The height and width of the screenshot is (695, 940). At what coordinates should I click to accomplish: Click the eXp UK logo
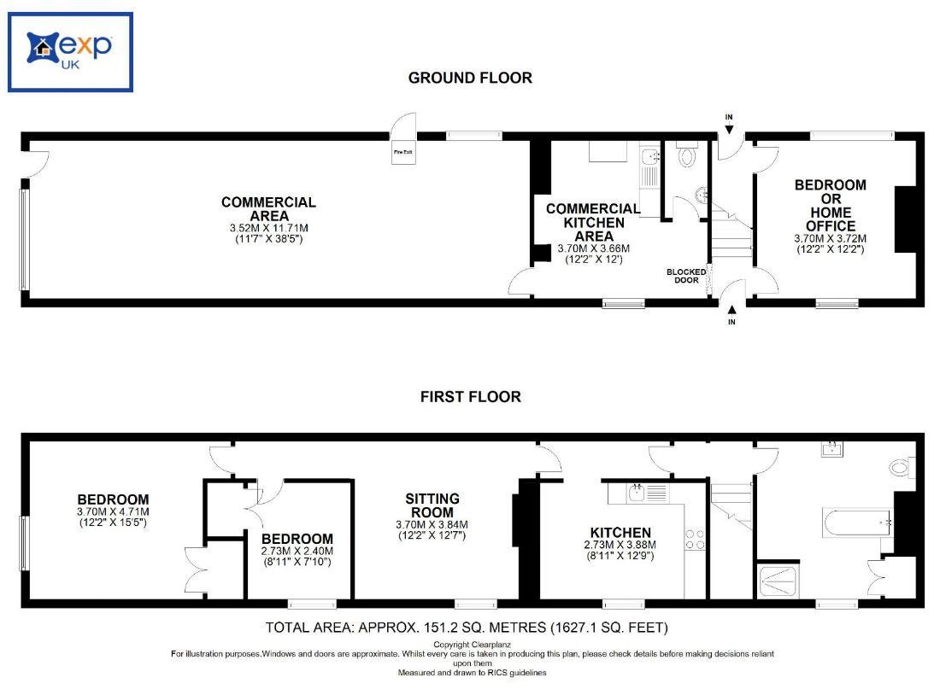tap(70, 51)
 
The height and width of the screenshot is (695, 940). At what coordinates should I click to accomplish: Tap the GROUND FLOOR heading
tap(470, 78)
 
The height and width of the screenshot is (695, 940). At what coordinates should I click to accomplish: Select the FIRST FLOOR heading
tap(470, 397)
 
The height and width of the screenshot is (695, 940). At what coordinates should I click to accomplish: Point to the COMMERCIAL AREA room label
tap(268, 209)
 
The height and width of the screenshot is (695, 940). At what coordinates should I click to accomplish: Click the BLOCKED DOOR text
tap(686, 276)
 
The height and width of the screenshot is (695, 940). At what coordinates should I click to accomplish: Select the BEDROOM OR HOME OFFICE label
tap(830, 205)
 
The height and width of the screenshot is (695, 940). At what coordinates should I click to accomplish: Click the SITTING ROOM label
tap(432, 505)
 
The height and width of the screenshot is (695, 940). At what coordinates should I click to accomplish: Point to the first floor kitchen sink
tap(637, 492)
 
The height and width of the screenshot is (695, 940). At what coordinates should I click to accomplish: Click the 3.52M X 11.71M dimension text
tap(268, 228)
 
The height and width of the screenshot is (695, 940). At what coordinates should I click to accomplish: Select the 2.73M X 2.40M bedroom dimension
tap(297, 551)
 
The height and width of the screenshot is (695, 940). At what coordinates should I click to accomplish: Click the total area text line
tap(467, 628)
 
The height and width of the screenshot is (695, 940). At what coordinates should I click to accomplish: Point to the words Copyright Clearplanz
tap(471, 645)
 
